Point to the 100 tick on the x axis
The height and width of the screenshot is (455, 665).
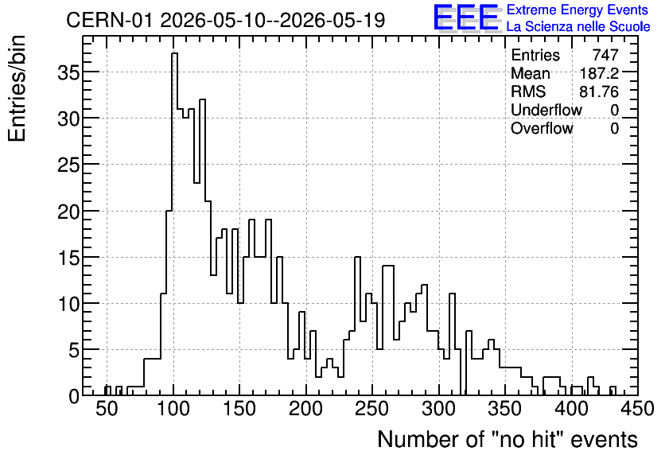point(173,393)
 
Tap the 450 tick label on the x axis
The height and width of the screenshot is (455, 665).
point(637,409)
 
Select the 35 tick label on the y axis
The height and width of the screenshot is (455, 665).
point(68,72)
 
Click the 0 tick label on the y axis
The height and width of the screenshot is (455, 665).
point(74,396)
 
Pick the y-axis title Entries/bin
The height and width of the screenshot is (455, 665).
point(17,88)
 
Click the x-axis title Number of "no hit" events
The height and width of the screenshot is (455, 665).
point(507,439)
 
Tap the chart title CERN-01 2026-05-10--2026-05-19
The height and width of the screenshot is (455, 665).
point(226,20)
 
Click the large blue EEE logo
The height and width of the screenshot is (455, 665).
point(466,17)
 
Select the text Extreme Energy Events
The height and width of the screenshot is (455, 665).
point(577,10)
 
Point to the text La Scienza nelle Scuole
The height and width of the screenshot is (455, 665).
point(578,26)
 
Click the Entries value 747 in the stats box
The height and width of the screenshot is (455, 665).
point(605,55)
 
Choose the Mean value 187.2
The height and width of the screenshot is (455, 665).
point(599,73)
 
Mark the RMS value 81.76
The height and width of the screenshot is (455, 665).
point(599,91)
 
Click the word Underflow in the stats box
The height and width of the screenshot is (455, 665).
point(546,110)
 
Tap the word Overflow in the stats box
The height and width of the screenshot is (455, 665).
point(542,128)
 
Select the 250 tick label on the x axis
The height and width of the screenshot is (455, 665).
point(372,409)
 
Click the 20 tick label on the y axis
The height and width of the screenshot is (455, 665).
point(68,211)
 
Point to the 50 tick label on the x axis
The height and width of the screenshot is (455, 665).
point(107,409)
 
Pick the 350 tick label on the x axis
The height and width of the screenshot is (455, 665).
point(504,409)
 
